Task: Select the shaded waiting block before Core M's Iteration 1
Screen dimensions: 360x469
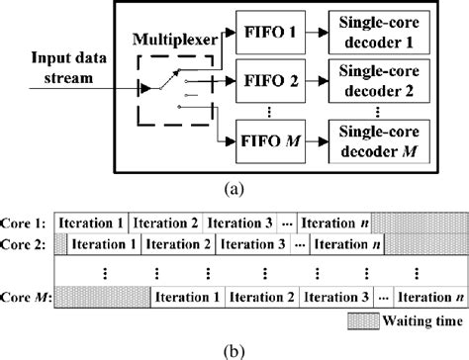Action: [102, 296]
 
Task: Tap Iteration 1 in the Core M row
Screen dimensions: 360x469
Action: [188, 296]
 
